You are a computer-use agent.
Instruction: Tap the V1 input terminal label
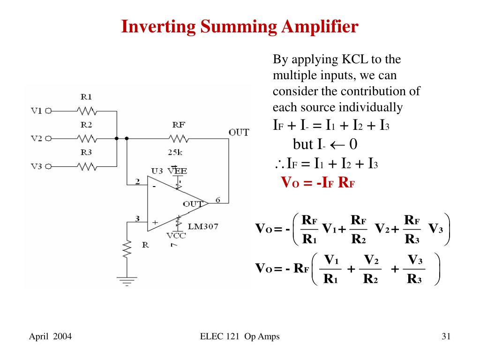click(x=37, y=111)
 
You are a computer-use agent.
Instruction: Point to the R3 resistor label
click(x=86, y=152)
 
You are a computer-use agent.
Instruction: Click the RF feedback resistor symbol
click(x=179, y=139)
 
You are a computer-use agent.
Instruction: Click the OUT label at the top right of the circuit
click(x=239, y=133)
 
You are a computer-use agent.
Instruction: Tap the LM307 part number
click(x=203, y=226)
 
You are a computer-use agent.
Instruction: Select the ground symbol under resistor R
click(x=127, y=280)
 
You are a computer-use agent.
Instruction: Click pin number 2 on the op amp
click(x=138, y=181)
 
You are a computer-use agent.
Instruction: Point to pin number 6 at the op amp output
click(x=218, y=200)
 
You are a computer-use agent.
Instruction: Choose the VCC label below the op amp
click(x=176, y=236)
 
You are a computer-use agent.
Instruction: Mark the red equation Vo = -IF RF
click(x=317, y=182)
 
